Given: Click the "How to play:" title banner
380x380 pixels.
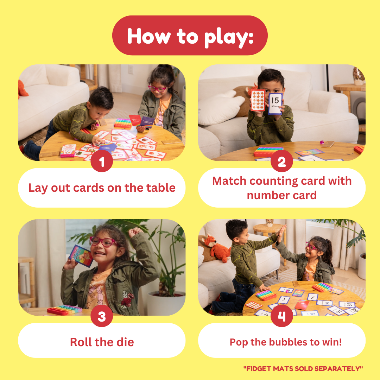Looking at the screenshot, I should (x=190, y=36).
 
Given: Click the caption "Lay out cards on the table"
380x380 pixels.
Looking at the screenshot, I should (x=102, y=188).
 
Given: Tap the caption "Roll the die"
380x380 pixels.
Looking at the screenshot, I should (x=102, y=342).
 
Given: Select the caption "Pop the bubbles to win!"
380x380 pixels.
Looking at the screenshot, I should (x=286, y=342).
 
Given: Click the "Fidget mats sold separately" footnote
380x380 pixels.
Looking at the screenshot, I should (x=303, y=368).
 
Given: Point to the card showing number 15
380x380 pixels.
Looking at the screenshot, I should (x=275, y=103).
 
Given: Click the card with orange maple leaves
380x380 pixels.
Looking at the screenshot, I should (x=258, y=100).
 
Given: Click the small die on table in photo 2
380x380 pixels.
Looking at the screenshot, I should (x=322, y=142).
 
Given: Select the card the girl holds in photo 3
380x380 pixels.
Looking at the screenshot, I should (x=81, y=256).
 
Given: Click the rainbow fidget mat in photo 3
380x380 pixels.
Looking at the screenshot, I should (x=64, y=310).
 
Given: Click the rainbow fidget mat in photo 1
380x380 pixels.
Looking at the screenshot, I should (x=123, y=123).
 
